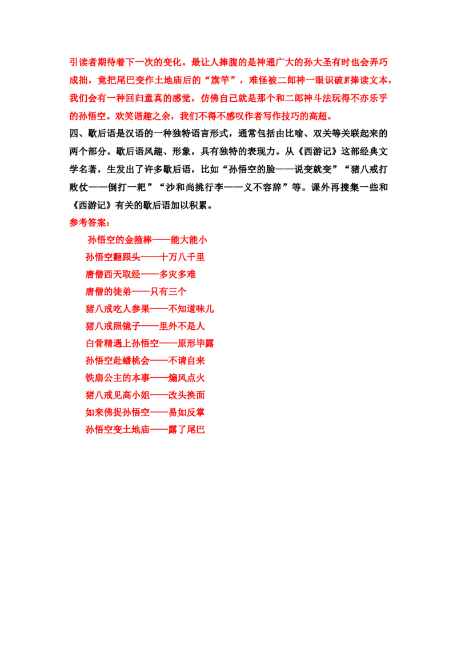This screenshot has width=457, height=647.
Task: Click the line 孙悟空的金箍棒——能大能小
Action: [147, 239]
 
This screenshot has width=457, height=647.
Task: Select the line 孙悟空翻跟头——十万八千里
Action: [145, 257]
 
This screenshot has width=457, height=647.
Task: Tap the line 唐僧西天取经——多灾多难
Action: [140, 274]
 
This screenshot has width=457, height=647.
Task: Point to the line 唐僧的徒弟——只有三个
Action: [136, 291]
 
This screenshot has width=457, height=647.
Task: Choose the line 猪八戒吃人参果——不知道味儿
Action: [149, 309]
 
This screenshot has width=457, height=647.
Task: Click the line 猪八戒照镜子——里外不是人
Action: [145, 326]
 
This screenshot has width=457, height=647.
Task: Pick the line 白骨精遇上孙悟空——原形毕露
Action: [149, 344]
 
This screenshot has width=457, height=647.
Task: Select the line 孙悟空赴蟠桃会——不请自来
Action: [145, 361]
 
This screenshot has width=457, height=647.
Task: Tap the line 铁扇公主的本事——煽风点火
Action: [145, 378]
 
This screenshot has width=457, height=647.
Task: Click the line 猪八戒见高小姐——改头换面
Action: [145, 396]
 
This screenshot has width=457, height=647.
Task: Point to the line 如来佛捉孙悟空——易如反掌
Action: [145, 413]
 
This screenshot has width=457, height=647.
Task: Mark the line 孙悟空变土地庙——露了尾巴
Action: [145, 430]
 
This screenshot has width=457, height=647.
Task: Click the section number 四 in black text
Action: [74, 134]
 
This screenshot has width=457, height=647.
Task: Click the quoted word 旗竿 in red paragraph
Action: [219, 80]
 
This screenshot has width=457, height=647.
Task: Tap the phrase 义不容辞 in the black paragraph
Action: [262, 187]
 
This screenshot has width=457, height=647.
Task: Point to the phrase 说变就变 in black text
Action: [312, 170]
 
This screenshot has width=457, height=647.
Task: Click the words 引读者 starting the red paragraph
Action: [83, 62]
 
